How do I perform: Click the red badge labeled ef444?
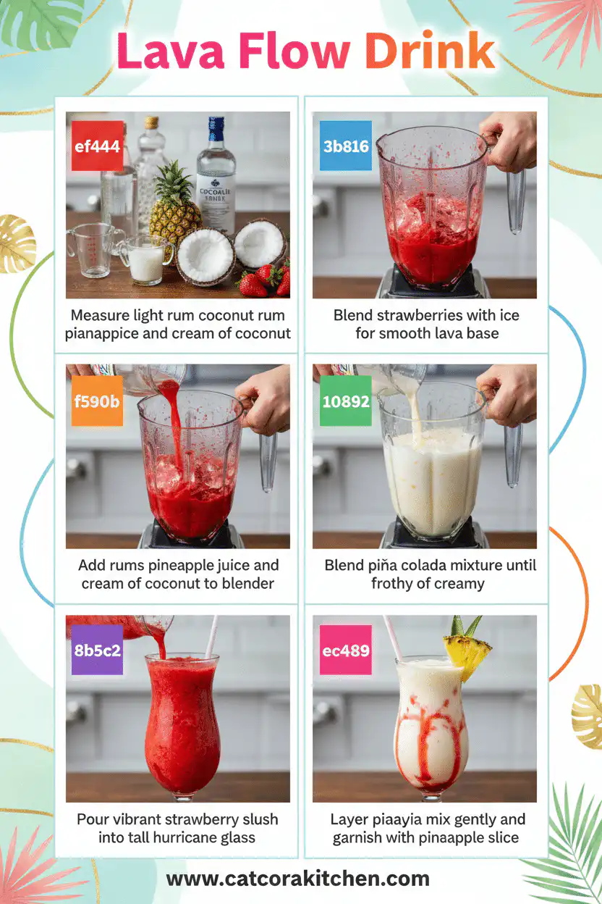coord(97,146)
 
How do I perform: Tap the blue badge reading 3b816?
coord(345,146)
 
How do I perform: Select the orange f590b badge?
coord(97,400)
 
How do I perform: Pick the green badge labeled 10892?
coord(345,401)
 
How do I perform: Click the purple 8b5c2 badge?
coord(97,650)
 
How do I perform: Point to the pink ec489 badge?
coord(345,650)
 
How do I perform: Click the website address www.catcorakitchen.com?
coord(298,879)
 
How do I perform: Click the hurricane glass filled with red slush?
coord(182,724)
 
